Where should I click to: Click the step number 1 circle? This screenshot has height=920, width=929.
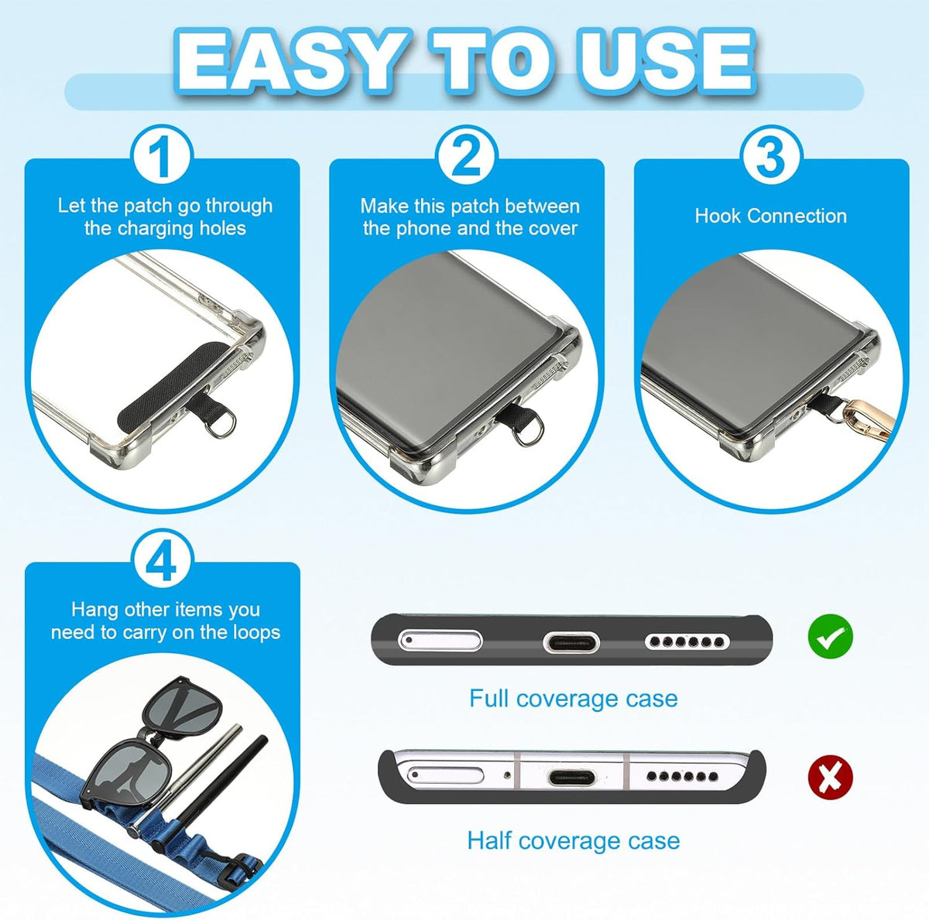[162, 156]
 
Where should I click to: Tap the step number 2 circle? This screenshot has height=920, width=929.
[467, 156]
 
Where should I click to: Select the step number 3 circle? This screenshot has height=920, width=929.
[771, 156]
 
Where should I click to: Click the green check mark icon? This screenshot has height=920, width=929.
[830, 636]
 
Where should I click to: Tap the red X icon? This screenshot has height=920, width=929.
[830, 776]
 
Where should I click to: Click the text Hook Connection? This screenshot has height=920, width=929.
[771, 215]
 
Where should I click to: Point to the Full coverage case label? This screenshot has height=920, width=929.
[573, 698]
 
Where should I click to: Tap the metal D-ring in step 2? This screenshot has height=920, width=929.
[527, 429]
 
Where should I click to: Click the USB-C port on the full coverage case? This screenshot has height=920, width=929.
[571, 643]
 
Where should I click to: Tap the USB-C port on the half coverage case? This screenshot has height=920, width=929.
[572, 778]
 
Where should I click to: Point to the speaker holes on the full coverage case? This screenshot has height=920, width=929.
[687, 642]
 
